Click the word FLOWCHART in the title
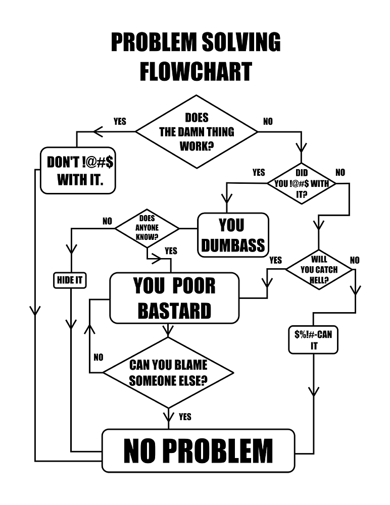(195, 71)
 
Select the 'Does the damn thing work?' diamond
(197, 132)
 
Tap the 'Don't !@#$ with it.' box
(80, 171)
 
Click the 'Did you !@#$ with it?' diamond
(302, 183)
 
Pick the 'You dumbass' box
(232, 235)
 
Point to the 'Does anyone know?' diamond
(147, 228)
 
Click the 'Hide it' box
(70, 280)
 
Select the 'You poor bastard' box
(174, 298)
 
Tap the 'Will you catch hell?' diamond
(319, 270)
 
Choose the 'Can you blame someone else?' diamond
(168, 373)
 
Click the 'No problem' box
(198, 450)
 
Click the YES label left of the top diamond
(120, 122)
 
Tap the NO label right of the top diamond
(268, 122)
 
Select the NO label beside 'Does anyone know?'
(107, 221)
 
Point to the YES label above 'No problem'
(185, 417)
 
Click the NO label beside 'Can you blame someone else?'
(99, 358)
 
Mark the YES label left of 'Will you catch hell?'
(275, 260)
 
